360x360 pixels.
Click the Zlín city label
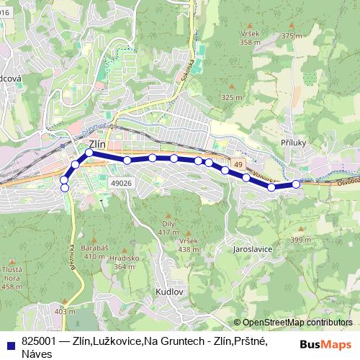pyautogui.click(x=97, y=144)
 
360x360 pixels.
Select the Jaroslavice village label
pyautogui.click(x=252, y=248)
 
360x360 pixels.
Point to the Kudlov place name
pyautogui.click(x=170, y=292)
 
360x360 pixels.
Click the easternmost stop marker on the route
pyautogui.click(x=296, y=185)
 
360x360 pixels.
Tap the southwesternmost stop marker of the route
pyautogui.click(x=65, y=188)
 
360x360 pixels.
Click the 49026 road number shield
pyautogui.click(x=121, y=184)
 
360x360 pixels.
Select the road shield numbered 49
pyautogui.click(x=238, y=165)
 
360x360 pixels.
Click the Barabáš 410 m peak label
pyautogui.click(x=94, y=251)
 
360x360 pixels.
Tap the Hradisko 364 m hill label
pyautogui.click(x=125, y=262)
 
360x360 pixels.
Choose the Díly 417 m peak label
pyautogui.click(x=168, y=228)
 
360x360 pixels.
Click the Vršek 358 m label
pyautogui.click(x=250, y=38)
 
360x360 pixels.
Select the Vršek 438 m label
pyautogui.click(x=189, y=245)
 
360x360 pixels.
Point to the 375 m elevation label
pyautogui.click(x=292, y=35)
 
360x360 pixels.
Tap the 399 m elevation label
pyautogui.click(x=300, y=240)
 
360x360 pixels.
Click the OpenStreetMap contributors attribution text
pyautogui.click(x=297, y=322)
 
